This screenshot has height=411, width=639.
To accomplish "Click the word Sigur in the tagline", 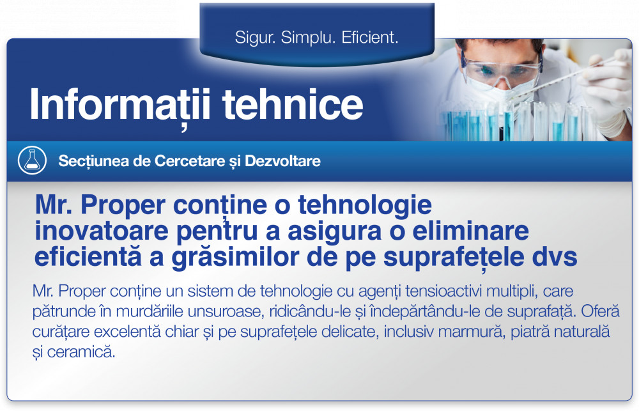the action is point(252,38).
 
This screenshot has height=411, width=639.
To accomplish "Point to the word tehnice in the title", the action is point(293,104).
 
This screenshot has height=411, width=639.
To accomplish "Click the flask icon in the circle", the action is point(32,160).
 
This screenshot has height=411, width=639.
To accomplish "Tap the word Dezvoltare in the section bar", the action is point(282,161).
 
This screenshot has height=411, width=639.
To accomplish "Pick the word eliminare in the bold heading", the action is point(471,231).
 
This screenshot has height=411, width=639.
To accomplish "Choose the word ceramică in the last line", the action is point(81,352).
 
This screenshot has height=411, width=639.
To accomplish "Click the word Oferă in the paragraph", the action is point(600,311).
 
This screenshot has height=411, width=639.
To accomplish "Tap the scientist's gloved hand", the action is point(607,88).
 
